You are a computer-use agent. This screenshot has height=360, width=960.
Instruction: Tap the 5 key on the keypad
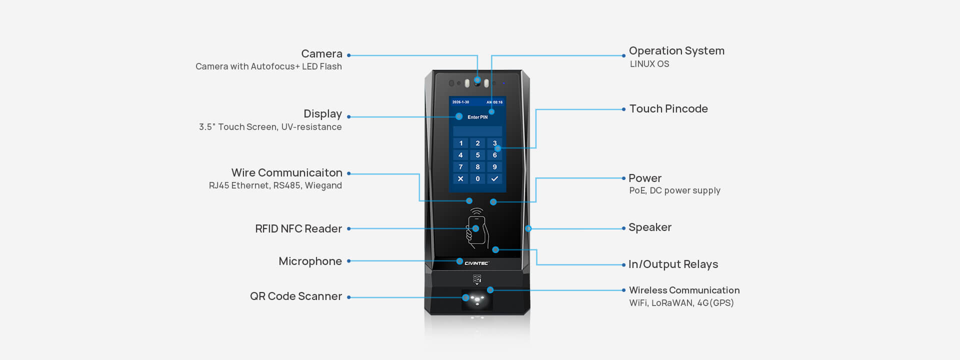(x=477, y=155)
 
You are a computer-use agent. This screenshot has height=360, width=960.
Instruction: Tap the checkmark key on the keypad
(x=494, y=178)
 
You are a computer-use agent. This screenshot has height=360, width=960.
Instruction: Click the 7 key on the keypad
(x=460, y=167)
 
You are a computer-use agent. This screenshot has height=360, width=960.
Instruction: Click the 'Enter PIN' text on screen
(x=477, y=117)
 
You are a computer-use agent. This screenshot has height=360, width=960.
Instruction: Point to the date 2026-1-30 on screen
(x=460, y=102)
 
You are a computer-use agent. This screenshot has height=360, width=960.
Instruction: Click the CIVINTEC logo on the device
(x=476, y=263)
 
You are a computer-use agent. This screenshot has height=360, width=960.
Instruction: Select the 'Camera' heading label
(x=321, y=54)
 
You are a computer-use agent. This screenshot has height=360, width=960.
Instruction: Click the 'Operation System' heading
(x=676, y=51)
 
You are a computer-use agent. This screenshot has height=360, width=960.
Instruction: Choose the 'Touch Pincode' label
(x=668, y=109)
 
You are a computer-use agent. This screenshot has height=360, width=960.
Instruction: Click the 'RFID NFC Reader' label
(x=298, y=229)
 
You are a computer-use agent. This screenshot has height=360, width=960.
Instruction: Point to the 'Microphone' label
(x=310, y=261)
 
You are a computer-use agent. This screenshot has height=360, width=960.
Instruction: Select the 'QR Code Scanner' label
(x=295, y=296)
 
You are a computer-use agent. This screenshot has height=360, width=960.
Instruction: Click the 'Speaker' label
(x=649, y=227)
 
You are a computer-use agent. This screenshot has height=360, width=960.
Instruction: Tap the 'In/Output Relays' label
(x=672, y=264)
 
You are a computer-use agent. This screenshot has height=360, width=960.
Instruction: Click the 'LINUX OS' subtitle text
(x=649, y=64)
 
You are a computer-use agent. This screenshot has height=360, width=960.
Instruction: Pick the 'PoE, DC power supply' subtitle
(x=674, y=190)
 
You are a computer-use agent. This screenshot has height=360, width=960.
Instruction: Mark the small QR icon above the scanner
(x=477, y=279)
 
